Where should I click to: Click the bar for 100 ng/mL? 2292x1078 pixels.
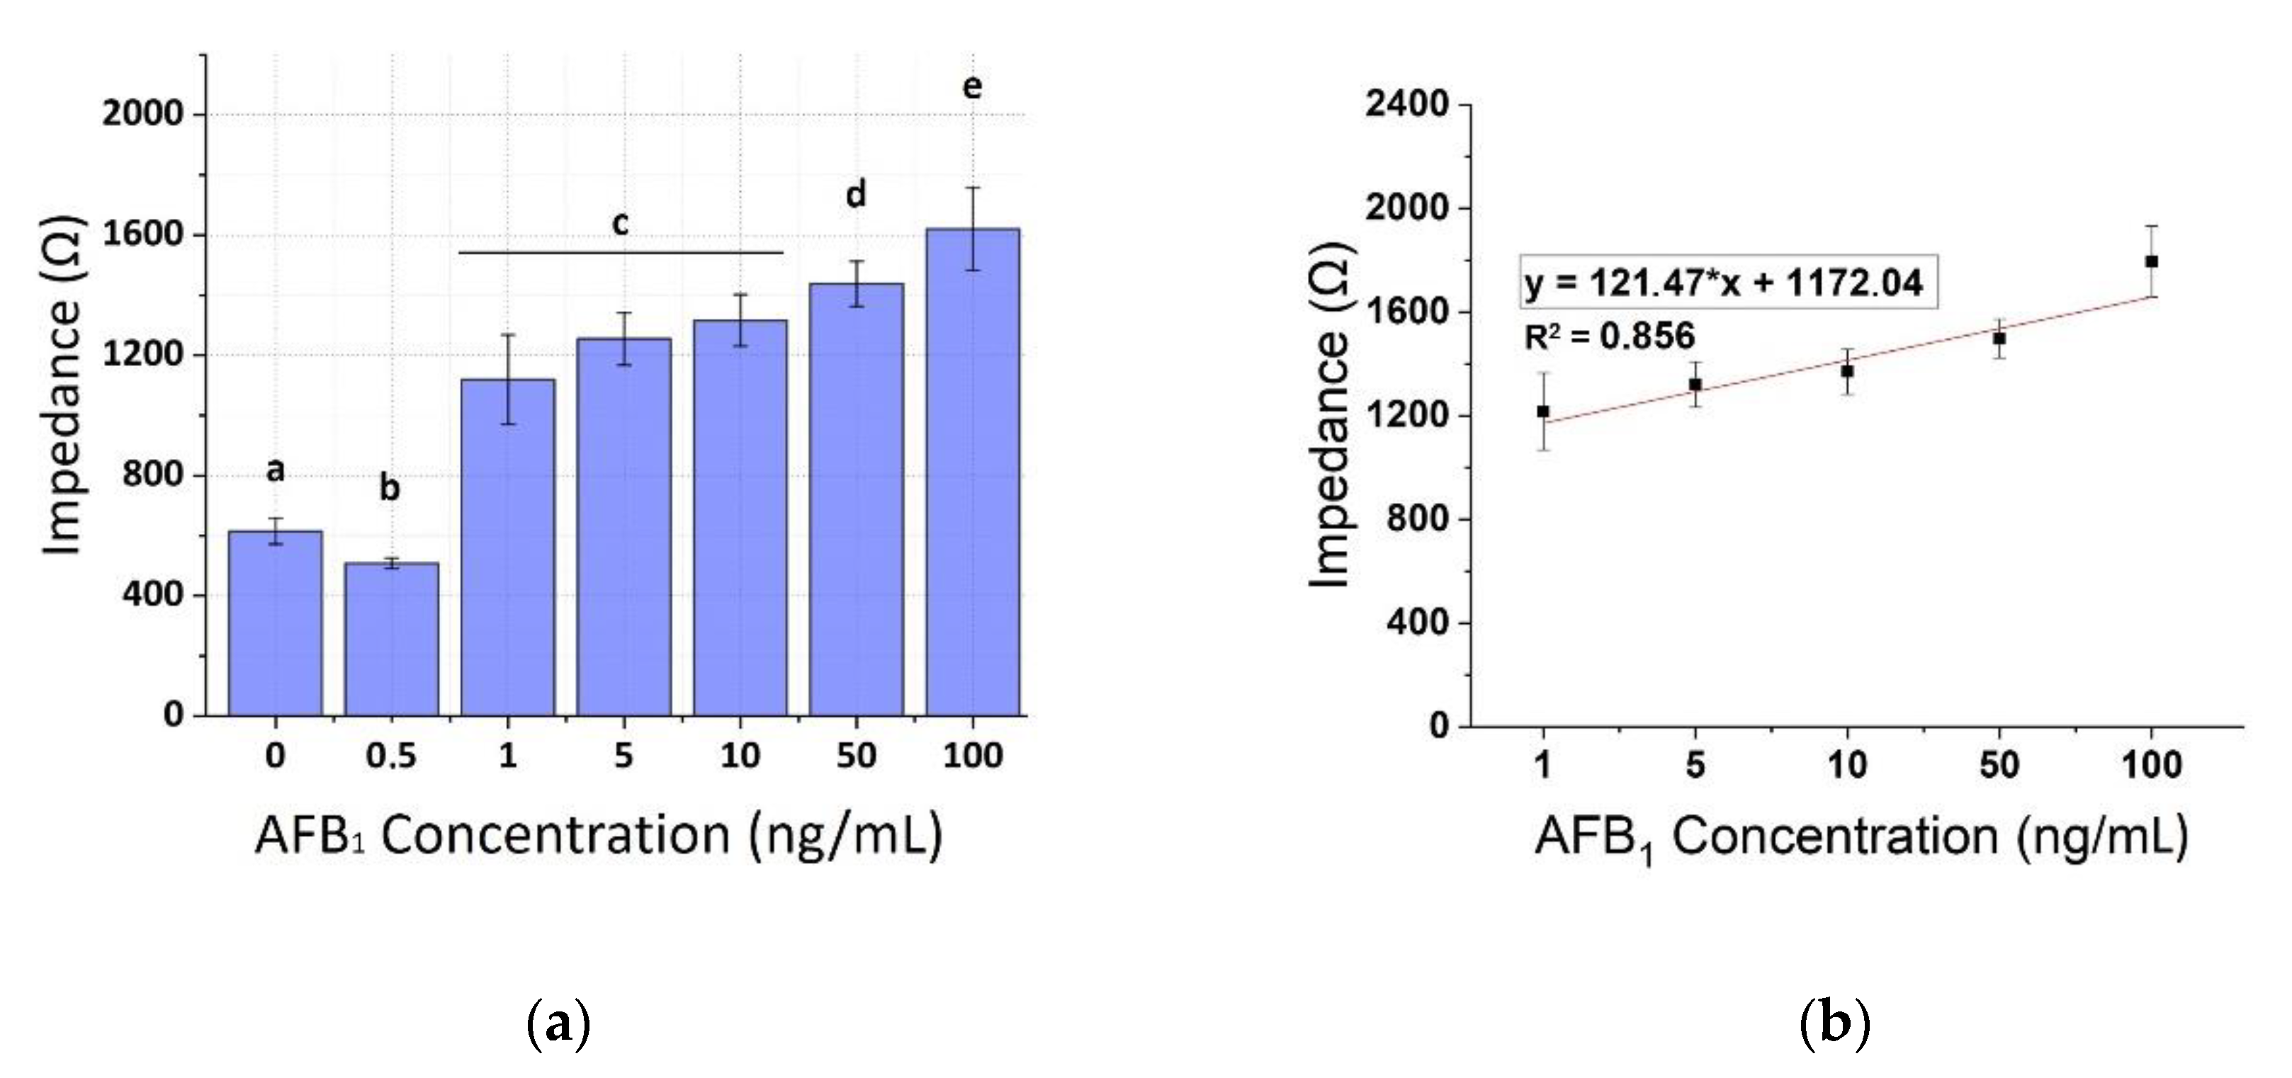(973, 472)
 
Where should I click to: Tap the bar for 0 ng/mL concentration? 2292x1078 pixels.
(275, 623)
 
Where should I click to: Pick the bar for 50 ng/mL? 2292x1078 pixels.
(856, 498)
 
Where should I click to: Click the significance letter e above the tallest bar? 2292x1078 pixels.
(973, 86)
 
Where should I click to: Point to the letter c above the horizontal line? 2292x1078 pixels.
(620, 224)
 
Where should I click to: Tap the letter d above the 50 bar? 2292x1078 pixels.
(855, 193)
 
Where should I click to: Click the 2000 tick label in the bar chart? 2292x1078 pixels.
(142, 114)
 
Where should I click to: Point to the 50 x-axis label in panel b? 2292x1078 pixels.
(1999, 765)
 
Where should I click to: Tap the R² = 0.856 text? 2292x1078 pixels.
(1609, 336)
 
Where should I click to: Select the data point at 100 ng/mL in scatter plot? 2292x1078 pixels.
(2152, 261)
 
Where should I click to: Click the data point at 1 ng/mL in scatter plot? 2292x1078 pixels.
(1543, 411)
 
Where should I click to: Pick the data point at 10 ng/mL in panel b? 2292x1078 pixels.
(1847, 371)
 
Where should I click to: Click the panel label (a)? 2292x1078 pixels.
(559, 1026)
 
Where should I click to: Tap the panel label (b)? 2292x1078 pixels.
(1835, 1026)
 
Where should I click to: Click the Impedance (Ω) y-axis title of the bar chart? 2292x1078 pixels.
(63, 385)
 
